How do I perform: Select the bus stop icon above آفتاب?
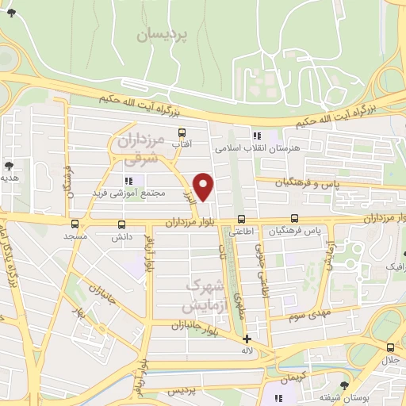[182, 132]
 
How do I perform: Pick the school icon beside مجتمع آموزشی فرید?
[128, 181]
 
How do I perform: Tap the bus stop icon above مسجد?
[75, 224]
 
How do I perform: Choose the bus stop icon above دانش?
[121, 224]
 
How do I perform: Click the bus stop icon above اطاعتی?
[242, 220]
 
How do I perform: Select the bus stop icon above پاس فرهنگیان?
[294, 219]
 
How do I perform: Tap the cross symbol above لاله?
[247, 338]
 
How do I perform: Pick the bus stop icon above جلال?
[389, 347]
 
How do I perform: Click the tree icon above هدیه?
[9, 166]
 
